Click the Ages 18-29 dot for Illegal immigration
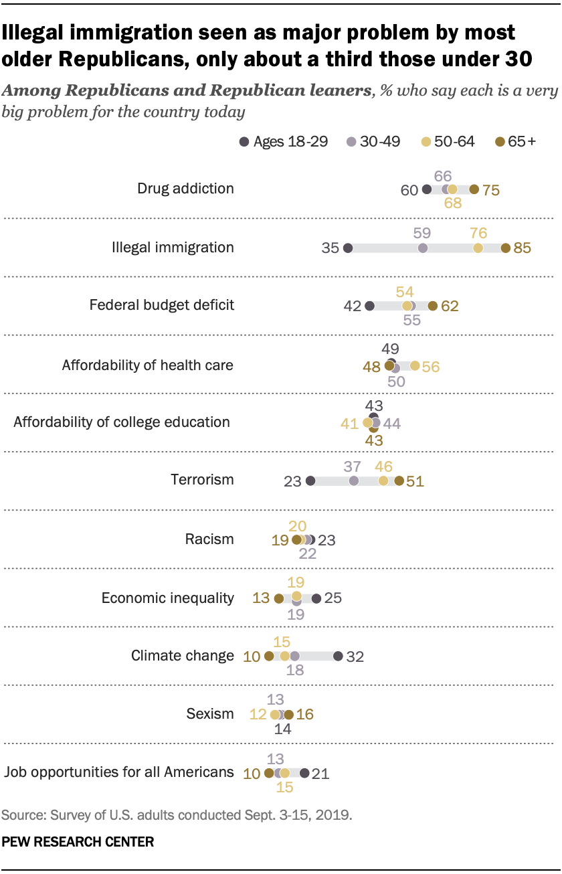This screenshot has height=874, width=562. (348, 248)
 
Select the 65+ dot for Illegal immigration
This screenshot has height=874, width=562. (505, 248)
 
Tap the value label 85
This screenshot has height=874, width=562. (522, 248)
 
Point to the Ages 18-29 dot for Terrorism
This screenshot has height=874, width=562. (310, 481)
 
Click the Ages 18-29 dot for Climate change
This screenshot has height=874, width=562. (339, 657)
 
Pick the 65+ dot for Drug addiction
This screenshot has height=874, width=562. (474, 189)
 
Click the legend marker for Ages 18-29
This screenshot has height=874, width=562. (244, 141)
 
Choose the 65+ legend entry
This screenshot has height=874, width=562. (515, 141)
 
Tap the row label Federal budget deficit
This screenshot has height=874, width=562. (162, 305)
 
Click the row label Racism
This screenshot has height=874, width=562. (209, 539)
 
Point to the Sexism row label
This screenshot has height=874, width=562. (210, 714)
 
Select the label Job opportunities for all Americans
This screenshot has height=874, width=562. (119, 772)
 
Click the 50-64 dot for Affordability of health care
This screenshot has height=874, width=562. (415, 365)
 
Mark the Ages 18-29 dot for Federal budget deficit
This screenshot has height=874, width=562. (370, 306)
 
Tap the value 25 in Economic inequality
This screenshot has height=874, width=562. (333, 598)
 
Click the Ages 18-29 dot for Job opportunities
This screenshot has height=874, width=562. (305, 773)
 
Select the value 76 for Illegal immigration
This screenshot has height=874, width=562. (478, 233)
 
